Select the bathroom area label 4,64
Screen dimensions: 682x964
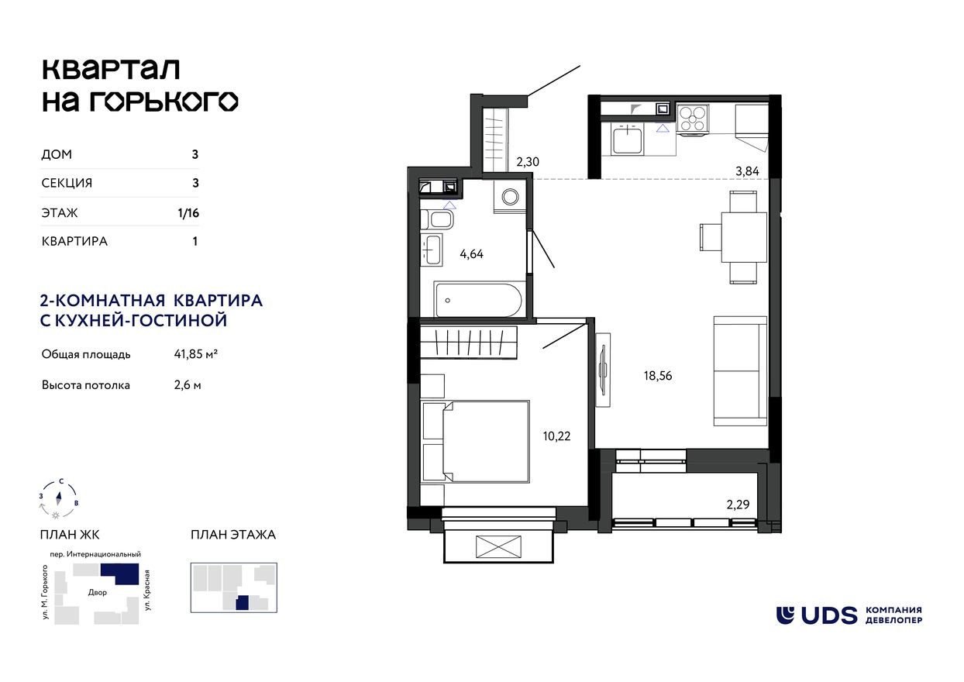[x=471, y=253]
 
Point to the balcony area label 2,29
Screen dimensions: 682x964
[x=739, y=505]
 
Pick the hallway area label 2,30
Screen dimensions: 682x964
[x=527, y=162]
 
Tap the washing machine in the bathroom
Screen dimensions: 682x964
[x=510, y=198]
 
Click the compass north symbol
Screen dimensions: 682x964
[x=59, y=496]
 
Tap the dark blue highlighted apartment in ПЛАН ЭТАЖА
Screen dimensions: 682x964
[x=243, y=603]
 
